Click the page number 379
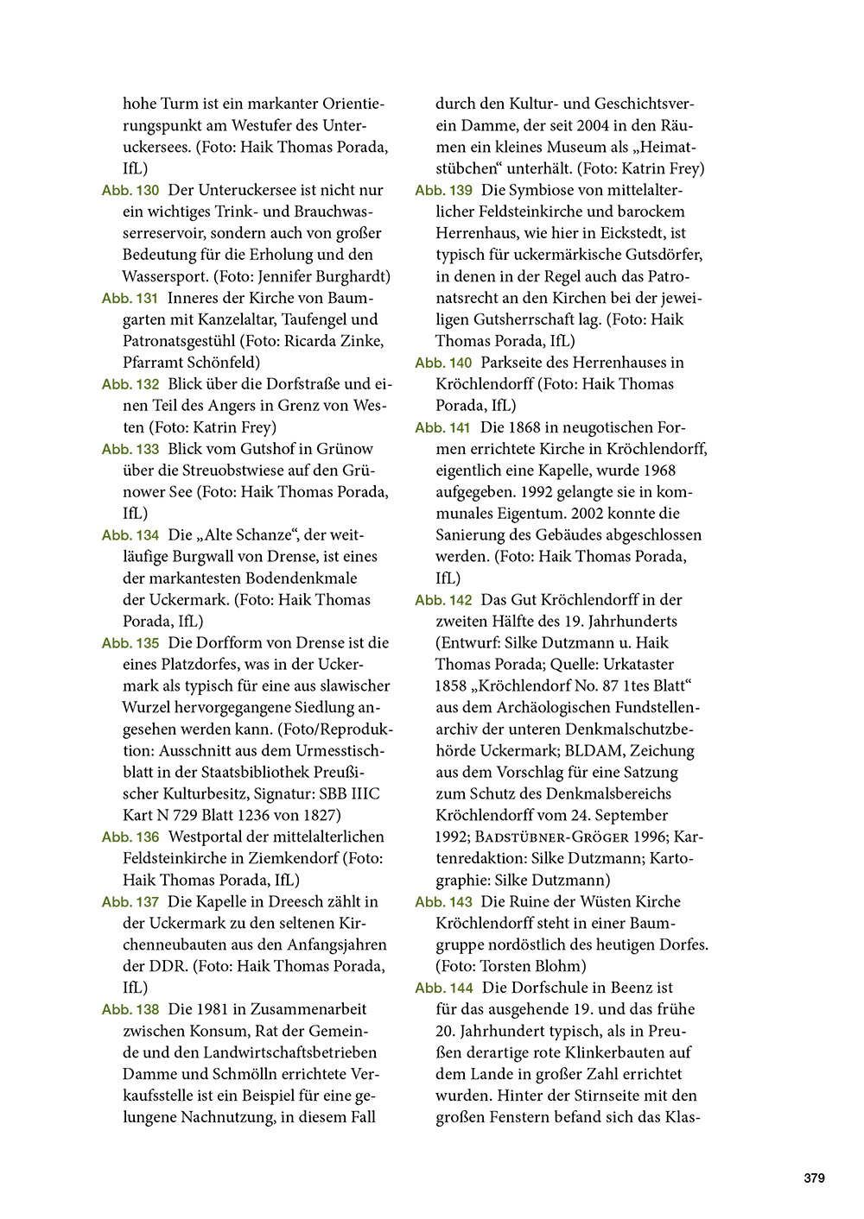tap(814, 1178)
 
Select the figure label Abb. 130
tap(130, 190)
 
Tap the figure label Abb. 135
tap(130, 643)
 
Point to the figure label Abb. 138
tap(130, 1009)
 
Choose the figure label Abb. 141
tap(443, 427)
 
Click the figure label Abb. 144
tap(444, 988)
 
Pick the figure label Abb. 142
tap(444, 600)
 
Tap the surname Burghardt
tap(355, 276)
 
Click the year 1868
tap(526, 427)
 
